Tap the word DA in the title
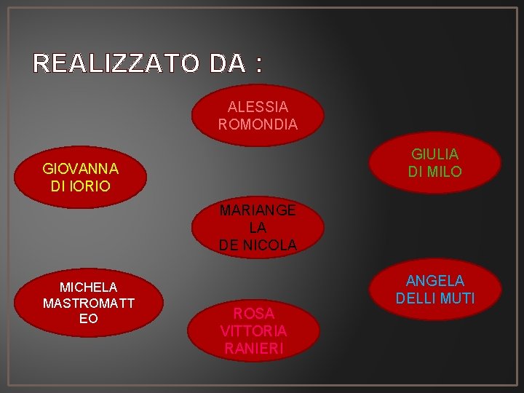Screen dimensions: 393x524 pos(225,64)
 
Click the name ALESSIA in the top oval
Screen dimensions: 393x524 pos(258,108)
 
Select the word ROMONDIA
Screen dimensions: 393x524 pos(258,124)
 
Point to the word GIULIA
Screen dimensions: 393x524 pos(434,154)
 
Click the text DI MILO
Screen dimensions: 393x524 pos(434,172)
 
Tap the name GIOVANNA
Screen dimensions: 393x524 pos(81,169)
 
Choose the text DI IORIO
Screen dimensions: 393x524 pos(81,186)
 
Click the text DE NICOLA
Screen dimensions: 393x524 pos(258,245)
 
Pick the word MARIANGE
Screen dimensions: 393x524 pos(258,210)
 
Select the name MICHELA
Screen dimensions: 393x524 pos(88,287)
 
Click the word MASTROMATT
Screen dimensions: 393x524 pos(88,303)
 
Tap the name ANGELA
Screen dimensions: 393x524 pos(435,281)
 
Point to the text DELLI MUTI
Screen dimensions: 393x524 pos(435,298)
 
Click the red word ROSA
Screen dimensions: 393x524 pos(254,314)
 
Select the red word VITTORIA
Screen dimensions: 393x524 pos(253,331)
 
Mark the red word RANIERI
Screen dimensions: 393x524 pos(253,348)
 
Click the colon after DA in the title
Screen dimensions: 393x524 pos(258,65)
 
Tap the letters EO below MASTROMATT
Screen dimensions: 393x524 pos(89,319)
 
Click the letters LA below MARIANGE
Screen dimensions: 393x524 pos(258,228)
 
